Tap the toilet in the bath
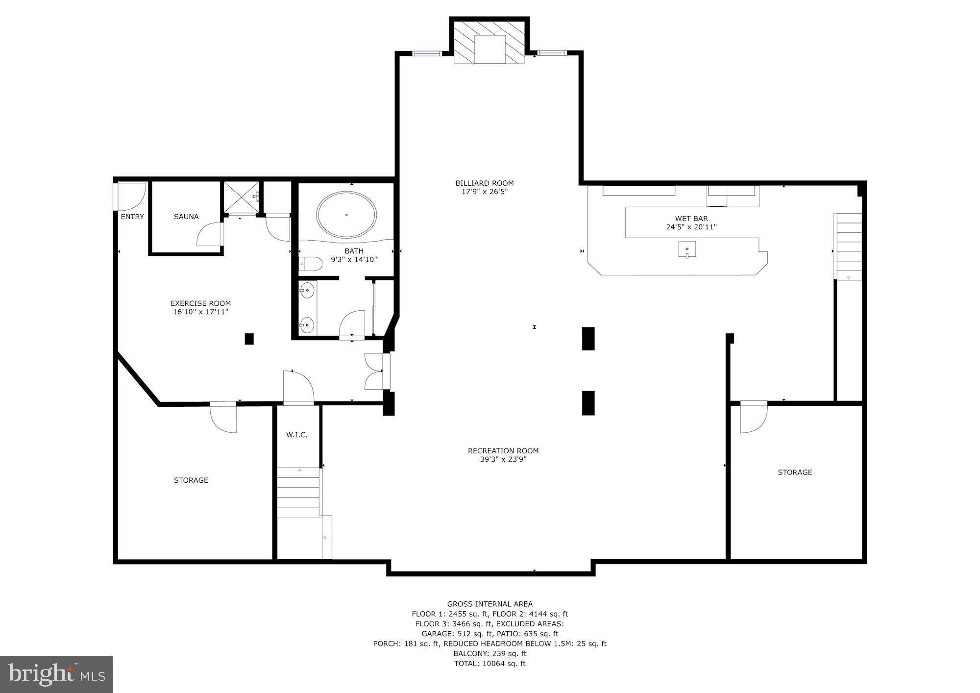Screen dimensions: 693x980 click(x=310, y=264)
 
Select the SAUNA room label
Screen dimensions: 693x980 click(x=186, y=217)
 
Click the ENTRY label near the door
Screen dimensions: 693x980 click(x=132, y=217)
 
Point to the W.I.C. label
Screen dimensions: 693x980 click(x=297, y=435)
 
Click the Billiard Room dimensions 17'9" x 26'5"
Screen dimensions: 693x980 click(x=485, y=192)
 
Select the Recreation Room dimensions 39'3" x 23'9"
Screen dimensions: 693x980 click(x=503, y=459)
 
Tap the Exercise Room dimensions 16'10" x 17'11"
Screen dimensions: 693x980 click(x=200, y=312)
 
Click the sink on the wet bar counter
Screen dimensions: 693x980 click(x=687, y=249)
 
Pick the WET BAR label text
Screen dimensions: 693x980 click(x=691, y=219)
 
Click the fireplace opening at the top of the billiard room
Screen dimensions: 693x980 click(x=490, y=49)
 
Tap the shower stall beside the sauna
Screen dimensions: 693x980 click(x=241, y=198)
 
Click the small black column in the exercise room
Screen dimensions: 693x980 click(x=249, y=339)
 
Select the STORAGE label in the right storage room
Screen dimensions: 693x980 click(x=795, y=472)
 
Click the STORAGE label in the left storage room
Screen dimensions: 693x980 click(x=191, y=480)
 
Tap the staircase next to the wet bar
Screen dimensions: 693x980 click(x=849, y=247)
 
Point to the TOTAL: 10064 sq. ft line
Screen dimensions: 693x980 click(x=490, y=664)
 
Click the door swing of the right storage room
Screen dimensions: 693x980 click(x=753, y=418)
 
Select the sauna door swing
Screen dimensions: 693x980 click(x=210, y=235)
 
